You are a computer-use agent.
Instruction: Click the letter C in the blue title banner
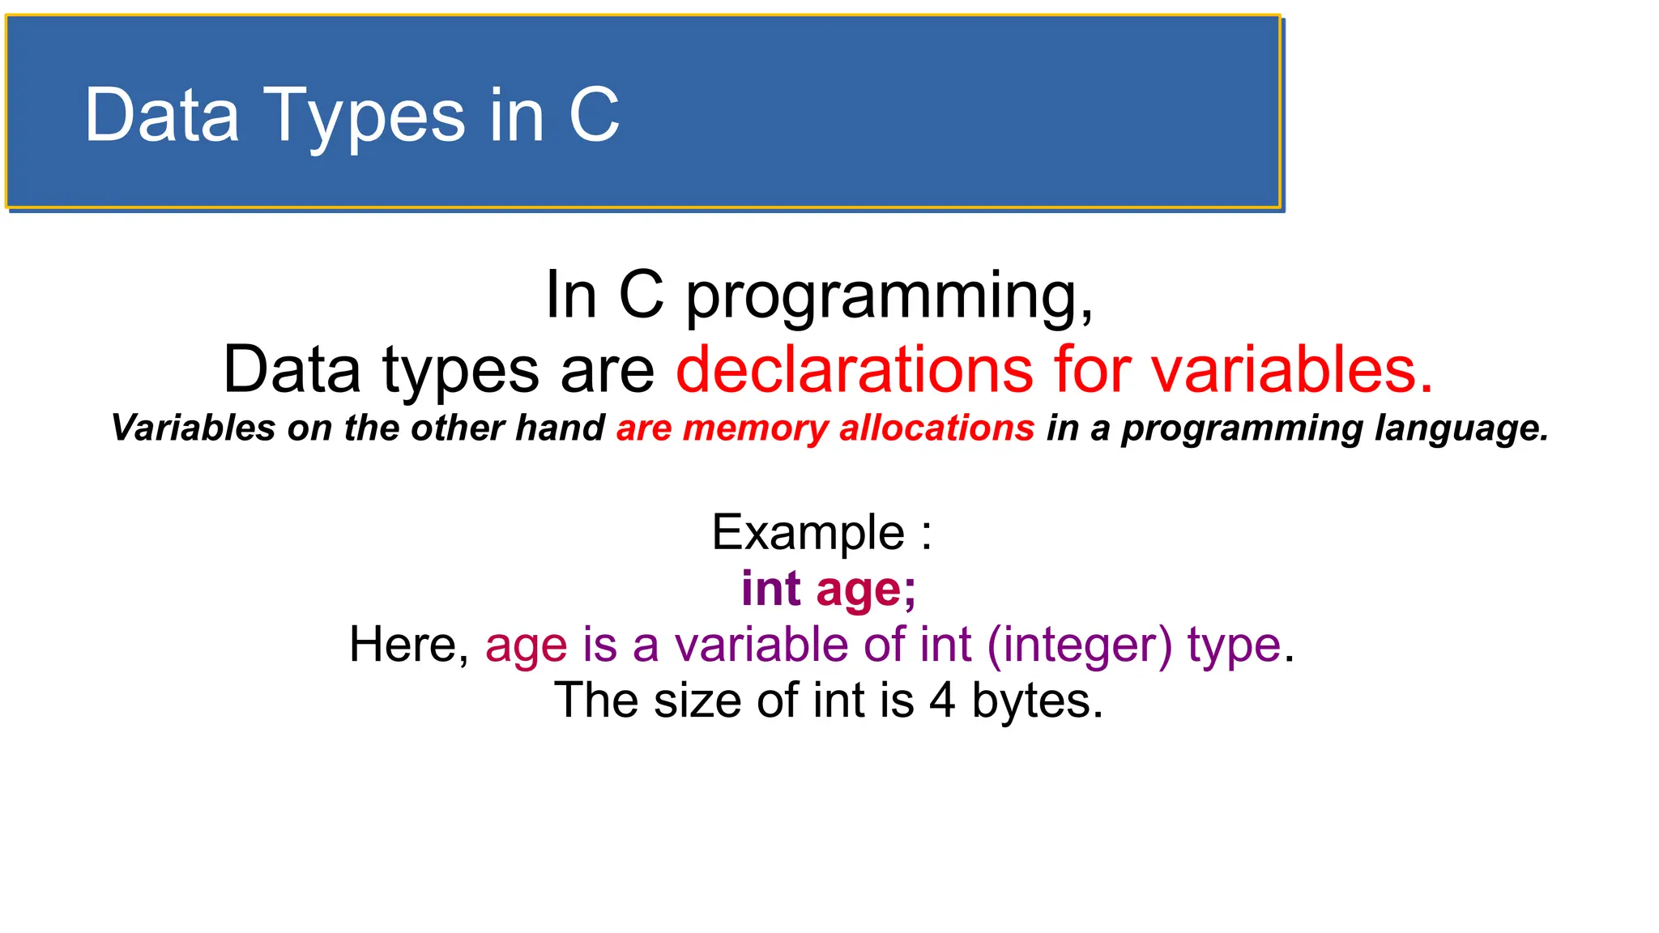[x=594, y=115]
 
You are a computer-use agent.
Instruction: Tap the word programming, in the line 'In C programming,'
[x=889, y=297]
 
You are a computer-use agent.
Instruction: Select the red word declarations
[x=854, y=369]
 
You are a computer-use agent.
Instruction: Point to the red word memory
[x=755, y=428]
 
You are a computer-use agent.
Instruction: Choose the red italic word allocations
[x=936, y=428]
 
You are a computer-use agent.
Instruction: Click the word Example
[x=808, y=533]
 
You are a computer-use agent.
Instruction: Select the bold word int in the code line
[x=770, y=589]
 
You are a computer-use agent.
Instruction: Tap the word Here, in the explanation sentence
[x=409, y=645]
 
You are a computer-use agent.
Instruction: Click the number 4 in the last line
[x=942, y=701]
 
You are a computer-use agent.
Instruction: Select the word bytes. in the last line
[x=1037, y=701]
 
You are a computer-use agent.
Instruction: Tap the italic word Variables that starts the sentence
[x=193, y=428]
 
